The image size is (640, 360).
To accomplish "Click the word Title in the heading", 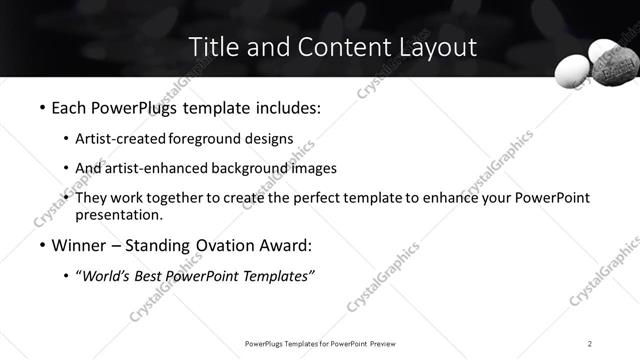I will click(212, 46).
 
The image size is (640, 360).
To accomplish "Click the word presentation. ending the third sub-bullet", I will click(119, 214).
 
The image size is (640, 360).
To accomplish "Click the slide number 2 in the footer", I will click(590, 344).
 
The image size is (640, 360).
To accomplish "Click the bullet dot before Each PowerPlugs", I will click(41, 106).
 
